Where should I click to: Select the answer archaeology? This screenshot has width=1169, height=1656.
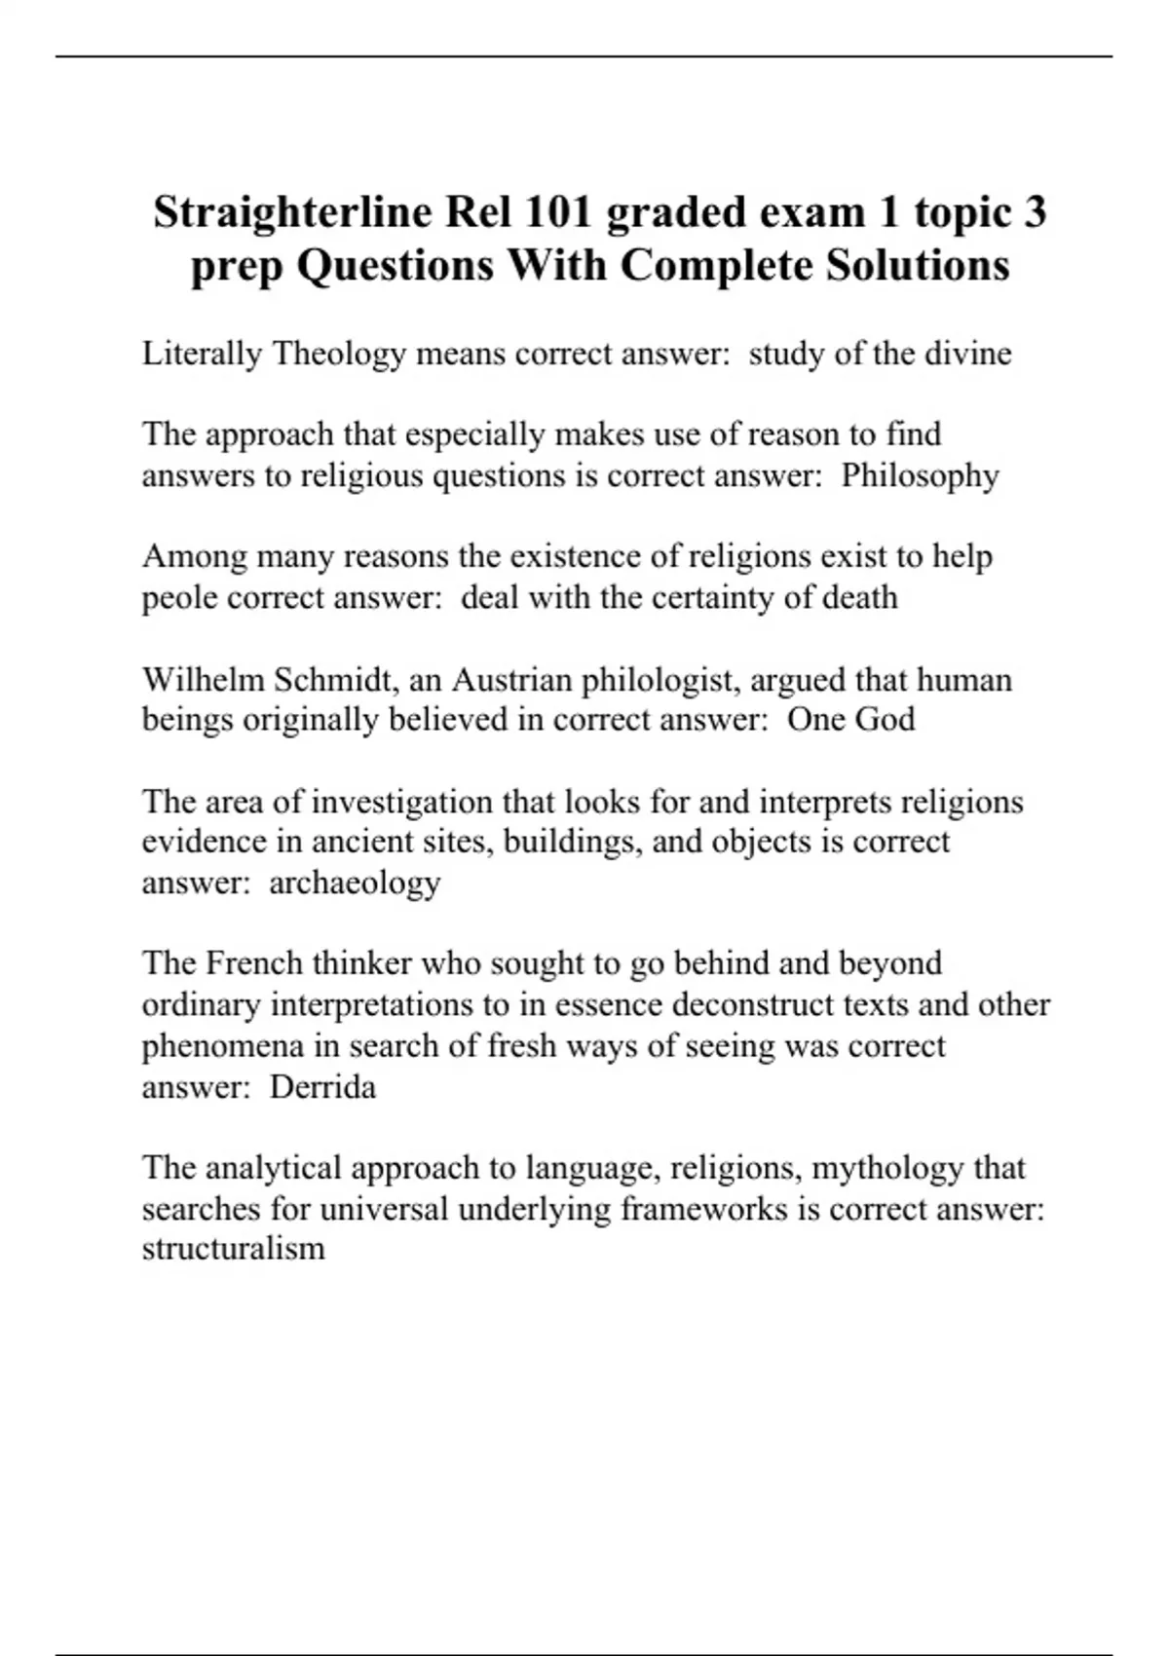pos(355,883)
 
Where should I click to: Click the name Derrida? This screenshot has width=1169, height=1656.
pos(322,1086)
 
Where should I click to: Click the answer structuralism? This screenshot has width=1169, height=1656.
pos(233,1249)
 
